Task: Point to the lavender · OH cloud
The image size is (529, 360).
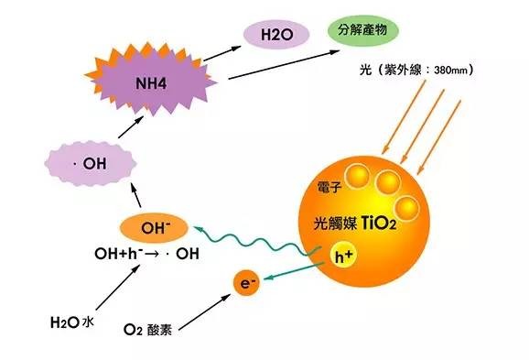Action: click(92, 165)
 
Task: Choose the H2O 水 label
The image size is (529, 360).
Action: click(70, 322)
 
